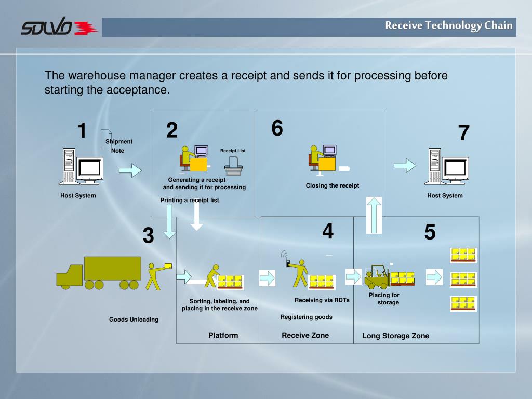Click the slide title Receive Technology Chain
pyautogui.click(x=448, y=25)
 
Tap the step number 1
pyautogui.click(x=82, y=131)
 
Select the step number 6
pyautogui.click(x=277, y=128)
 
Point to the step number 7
pyautogui.click(x=463, y=134)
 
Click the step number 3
pyautogui.click(x=149, y=236)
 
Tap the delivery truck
pyautogui.click(x=99, y=273)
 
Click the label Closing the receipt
pyautogui.click(x=332, y=185)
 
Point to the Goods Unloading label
pyautogui.click(x=134, y=320)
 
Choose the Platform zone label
pyautogui.click(x=223, y=335)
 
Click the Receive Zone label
pyautogui.click(x=305, y=335)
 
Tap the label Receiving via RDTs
pyautogui.click(x=322, y=300)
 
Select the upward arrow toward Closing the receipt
pyautogui.click(x=374, y=215)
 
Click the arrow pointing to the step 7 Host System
pyautogui.click(x=405, y=165)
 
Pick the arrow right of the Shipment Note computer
pyautogui.click(x=130, y=170)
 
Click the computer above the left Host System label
pyautogui.click(x=82, y=167)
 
